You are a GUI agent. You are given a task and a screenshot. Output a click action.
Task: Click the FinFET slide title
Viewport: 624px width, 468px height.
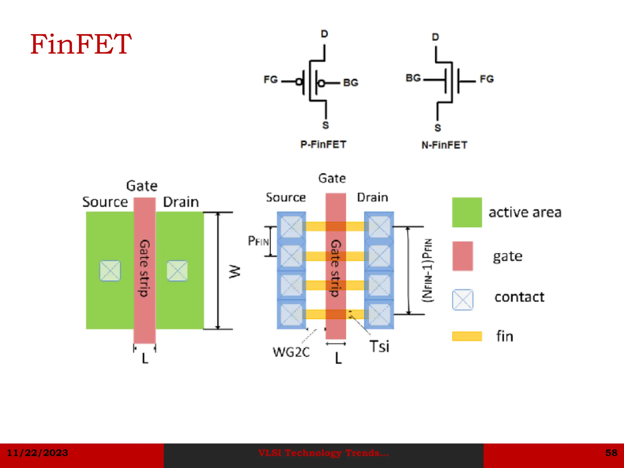click(x=81, y=44)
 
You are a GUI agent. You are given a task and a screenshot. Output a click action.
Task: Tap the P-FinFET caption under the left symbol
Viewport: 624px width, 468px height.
click(x=323, y=144)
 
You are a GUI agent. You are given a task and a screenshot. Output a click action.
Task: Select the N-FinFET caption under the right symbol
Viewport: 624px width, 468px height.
click(x=444, y=145)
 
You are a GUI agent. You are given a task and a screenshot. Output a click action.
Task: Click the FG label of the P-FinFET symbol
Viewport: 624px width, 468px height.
click(x=271, y=80)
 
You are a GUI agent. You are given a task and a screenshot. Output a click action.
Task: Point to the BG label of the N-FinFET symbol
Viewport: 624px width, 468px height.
click(x=413, y=78)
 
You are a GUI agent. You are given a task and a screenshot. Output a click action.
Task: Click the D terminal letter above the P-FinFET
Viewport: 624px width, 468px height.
click(x=324, y=34)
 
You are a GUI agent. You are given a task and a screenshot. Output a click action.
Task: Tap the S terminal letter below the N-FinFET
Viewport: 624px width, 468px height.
click(x=438, y=128)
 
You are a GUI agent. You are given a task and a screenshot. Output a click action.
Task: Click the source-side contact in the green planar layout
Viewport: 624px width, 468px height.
click(x=110, y=271)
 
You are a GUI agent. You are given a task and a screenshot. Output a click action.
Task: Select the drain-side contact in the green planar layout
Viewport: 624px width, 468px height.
click(x=177, y=271)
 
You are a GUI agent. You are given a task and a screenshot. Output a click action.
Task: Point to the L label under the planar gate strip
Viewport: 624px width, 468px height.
click(x=145, y=358)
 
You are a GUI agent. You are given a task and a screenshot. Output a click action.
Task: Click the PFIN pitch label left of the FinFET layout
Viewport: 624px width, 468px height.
click(x=258, y=241)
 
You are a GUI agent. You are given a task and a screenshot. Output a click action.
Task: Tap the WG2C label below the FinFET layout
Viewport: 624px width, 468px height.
click(x=291, y=352)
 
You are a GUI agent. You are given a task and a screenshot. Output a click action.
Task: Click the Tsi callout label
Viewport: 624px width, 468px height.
click(x=379, y=346)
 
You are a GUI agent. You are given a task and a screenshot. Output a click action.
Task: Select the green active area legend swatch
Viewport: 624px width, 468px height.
click(x=467, y=212)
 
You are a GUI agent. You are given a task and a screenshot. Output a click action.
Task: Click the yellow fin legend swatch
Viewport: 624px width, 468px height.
click(x=467, y=336)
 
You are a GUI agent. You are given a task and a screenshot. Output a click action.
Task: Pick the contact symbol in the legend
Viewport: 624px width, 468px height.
click(x=463, y=300)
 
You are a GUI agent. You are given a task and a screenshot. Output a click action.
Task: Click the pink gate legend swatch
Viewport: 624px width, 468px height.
click(x=463, y=256)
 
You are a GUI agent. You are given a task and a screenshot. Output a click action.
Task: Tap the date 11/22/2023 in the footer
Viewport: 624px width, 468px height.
click(x=37, y=453)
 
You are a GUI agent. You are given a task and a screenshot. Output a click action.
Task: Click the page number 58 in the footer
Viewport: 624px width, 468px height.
click(x=611, y=453)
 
